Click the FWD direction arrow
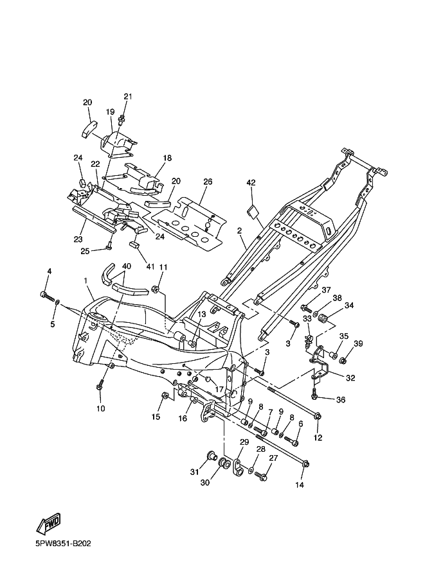coord(48,523)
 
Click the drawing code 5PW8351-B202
coord(63,543)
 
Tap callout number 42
coord(251,183)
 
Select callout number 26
coord(208,182)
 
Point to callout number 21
coord(128,96)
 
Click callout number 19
coord(110,112)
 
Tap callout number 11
coord(163,267)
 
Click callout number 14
coord(300,485)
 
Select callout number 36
coord(340,400)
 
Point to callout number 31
coord(194,472)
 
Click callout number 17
coord(219,390)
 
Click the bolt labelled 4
coord(47,297)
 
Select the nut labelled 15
coord(163,395)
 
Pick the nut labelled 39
coord(343,361)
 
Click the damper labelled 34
coord(322,320)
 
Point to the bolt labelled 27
coord(260,476)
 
